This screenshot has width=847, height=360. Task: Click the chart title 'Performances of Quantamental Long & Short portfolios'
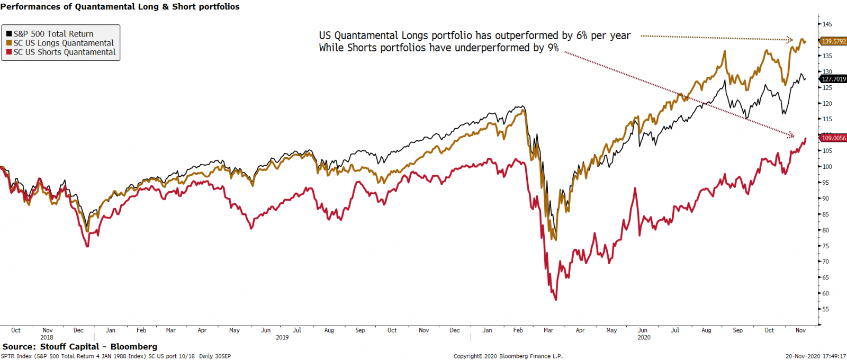(x=120, y=7)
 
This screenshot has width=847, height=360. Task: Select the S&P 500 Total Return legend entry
(x=53, y=34)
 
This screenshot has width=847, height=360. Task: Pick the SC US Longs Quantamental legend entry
(x=64, y=43)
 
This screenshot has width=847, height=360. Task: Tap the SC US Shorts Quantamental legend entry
(x=65, y=52)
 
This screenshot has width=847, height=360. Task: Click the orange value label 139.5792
(x=834, y=41)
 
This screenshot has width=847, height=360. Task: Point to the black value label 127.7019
(x=834, y=79)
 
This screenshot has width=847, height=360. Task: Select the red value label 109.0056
(x=834, y=138)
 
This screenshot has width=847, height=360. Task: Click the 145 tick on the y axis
(x=827, y=24)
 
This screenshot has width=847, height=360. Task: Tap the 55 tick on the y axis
(x=826, y=309)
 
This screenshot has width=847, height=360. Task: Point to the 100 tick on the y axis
(x=827, y=167)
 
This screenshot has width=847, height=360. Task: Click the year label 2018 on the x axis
(x=47, y=337)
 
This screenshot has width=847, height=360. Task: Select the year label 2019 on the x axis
(x=282, y=337)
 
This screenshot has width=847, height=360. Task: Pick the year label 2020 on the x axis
(x=644, y=337)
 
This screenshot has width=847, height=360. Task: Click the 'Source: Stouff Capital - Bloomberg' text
(x=80, y=347)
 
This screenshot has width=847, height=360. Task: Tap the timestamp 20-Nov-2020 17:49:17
(x=816, y=356)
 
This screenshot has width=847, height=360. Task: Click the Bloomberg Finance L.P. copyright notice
(x=508, y=356)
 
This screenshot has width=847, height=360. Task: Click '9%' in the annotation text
(x=553, y=48)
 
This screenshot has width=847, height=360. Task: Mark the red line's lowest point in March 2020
(x=556, y=300)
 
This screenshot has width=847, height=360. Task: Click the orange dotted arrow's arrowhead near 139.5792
(x=790, y=40)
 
